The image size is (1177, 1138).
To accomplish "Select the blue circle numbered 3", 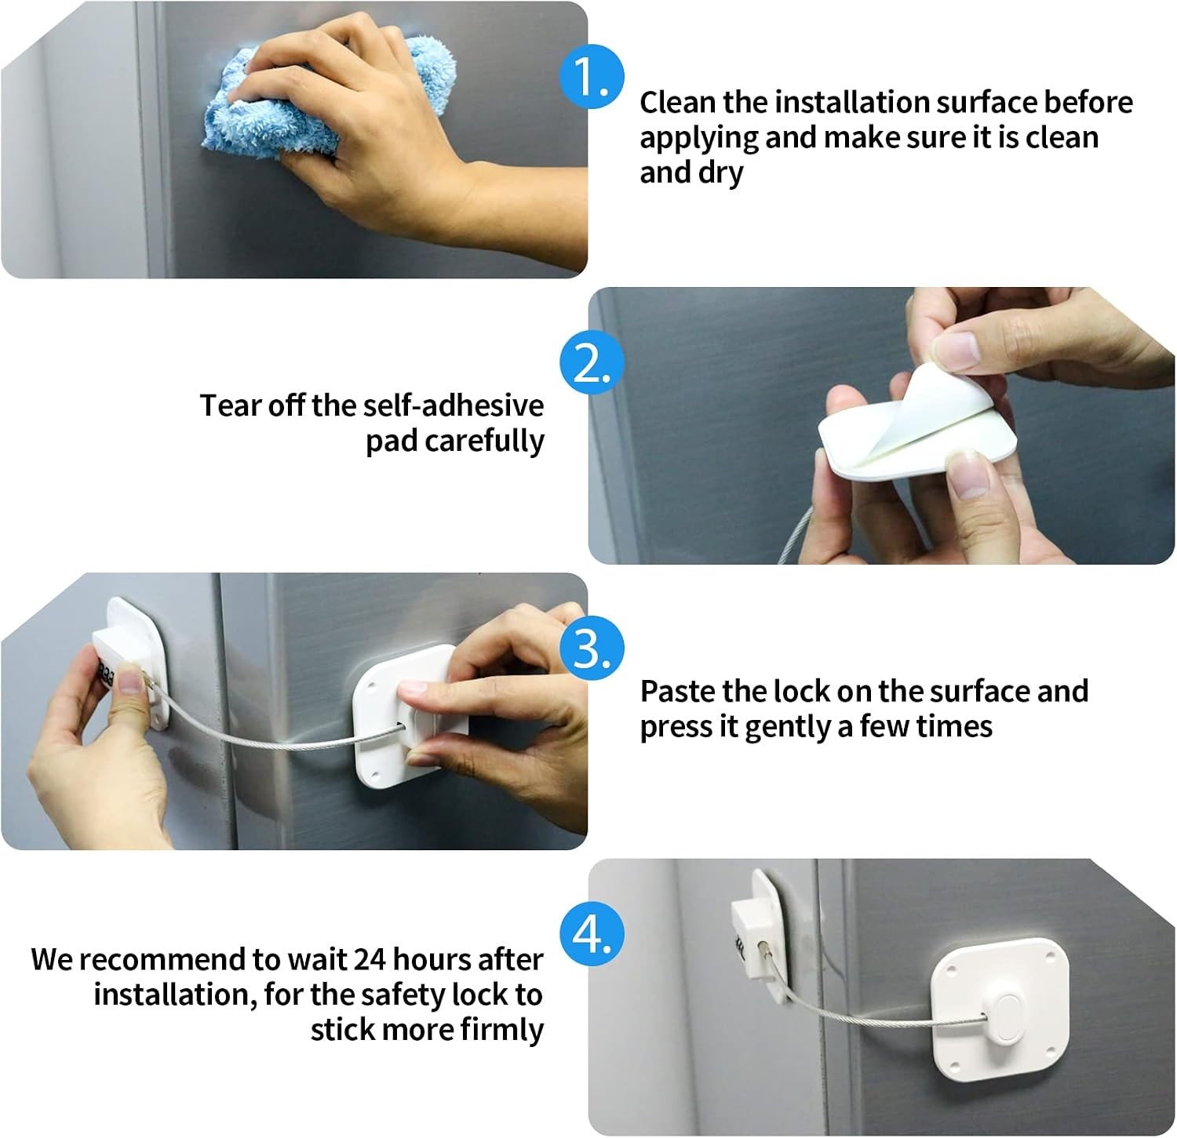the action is tap(592, 649).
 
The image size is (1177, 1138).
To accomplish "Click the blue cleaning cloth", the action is tap(314, 102).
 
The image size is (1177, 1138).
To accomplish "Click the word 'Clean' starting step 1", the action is tap(678, 103).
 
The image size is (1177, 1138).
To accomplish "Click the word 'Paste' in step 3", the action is tap(677, 691).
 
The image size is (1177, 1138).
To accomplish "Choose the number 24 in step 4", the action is tap(369, 959).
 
